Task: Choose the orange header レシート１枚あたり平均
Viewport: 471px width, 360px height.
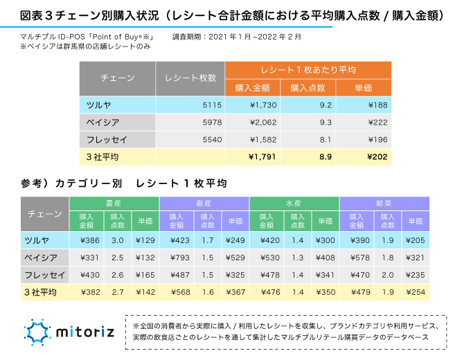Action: [308, 70]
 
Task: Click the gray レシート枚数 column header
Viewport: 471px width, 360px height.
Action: [190, 78]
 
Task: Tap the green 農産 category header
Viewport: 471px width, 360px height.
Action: [114, 204]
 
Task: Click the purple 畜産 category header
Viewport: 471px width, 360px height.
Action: [204, 204]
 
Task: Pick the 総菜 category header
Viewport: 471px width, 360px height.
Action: [384, 204]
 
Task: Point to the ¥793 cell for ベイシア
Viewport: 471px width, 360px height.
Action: [176, 258]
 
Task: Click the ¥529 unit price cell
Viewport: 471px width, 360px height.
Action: [235, 258]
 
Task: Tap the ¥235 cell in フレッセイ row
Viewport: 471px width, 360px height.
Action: [415, 275]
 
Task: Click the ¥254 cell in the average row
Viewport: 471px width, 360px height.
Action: [415, 292]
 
